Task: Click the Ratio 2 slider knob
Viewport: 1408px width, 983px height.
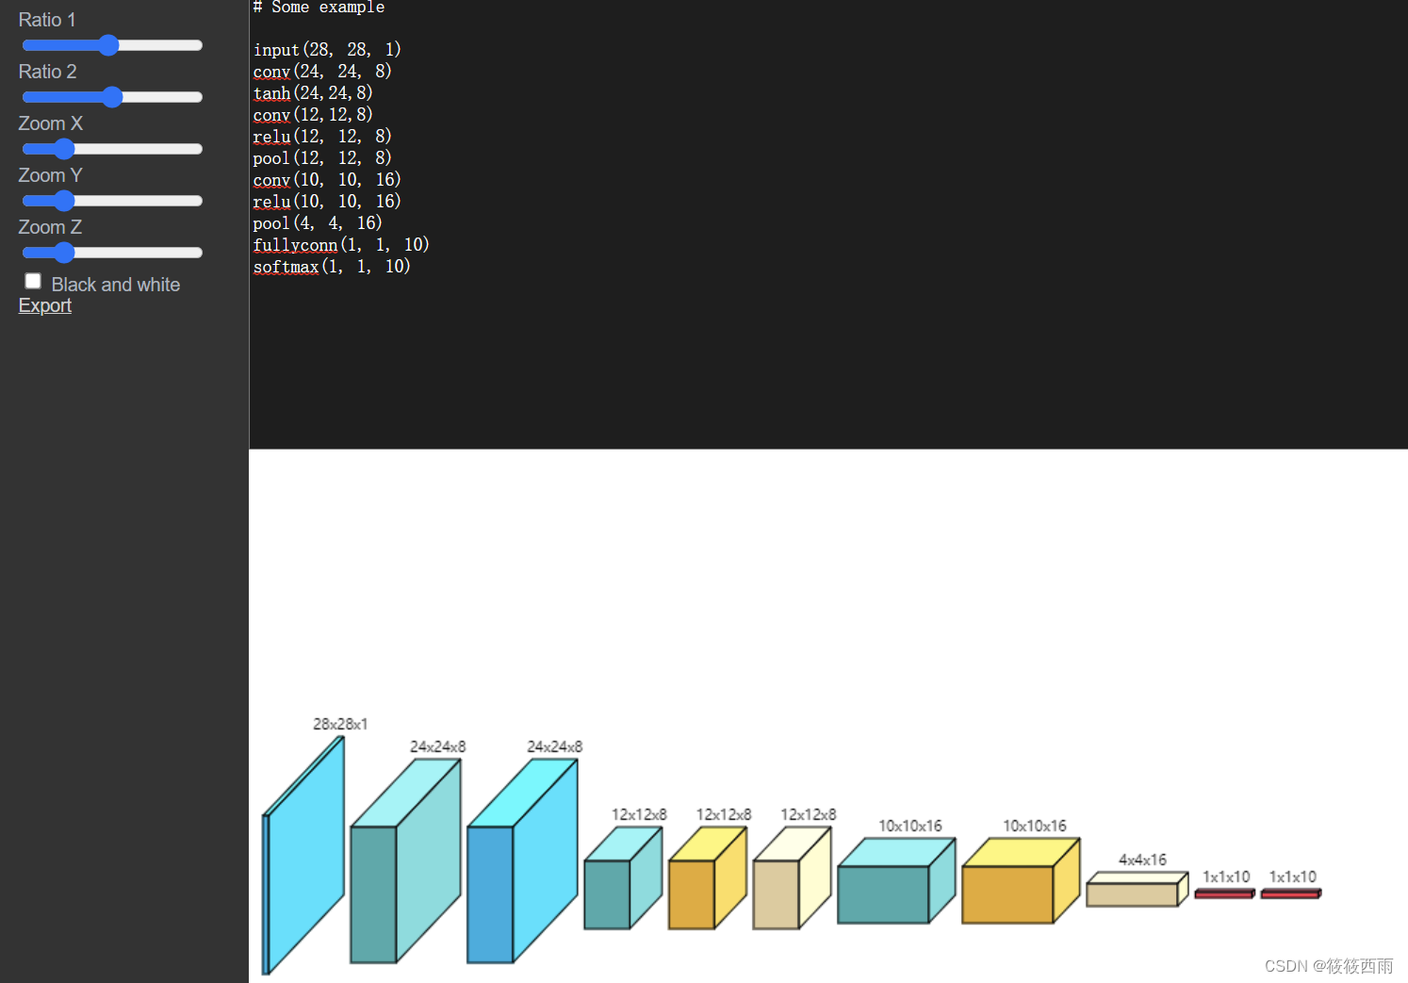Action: point(112,97)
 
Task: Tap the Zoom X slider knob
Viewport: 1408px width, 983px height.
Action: point(64,149)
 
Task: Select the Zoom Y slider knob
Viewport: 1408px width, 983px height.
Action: point(64,201)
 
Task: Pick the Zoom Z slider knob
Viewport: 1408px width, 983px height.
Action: point(64,253)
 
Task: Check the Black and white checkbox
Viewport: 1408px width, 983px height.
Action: point(33,281)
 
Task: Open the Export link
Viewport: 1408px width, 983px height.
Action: point(45,305)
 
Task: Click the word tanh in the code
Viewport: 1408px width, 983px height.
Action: point(272,93)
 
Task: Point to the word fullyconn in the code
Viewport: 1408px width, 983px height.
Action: point(295,245)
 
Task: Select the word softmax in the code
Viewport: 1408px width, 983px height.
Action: point(286,267)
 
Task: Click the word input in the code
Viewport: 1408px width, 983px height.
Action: point(276,50)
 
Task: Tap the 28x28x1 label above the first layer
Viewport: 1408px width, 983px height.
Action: point(340,724)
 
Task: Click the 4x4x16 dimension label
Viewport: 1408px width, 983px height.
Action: point(1142,860)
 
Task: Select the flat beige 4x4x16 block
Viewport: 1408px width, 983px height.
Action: point(1132,893)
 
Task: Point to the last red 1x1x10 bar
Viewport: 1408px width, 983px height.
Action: point(1290,893)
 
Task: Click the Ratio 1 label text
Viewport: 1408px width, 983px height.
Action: point(47,20)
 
